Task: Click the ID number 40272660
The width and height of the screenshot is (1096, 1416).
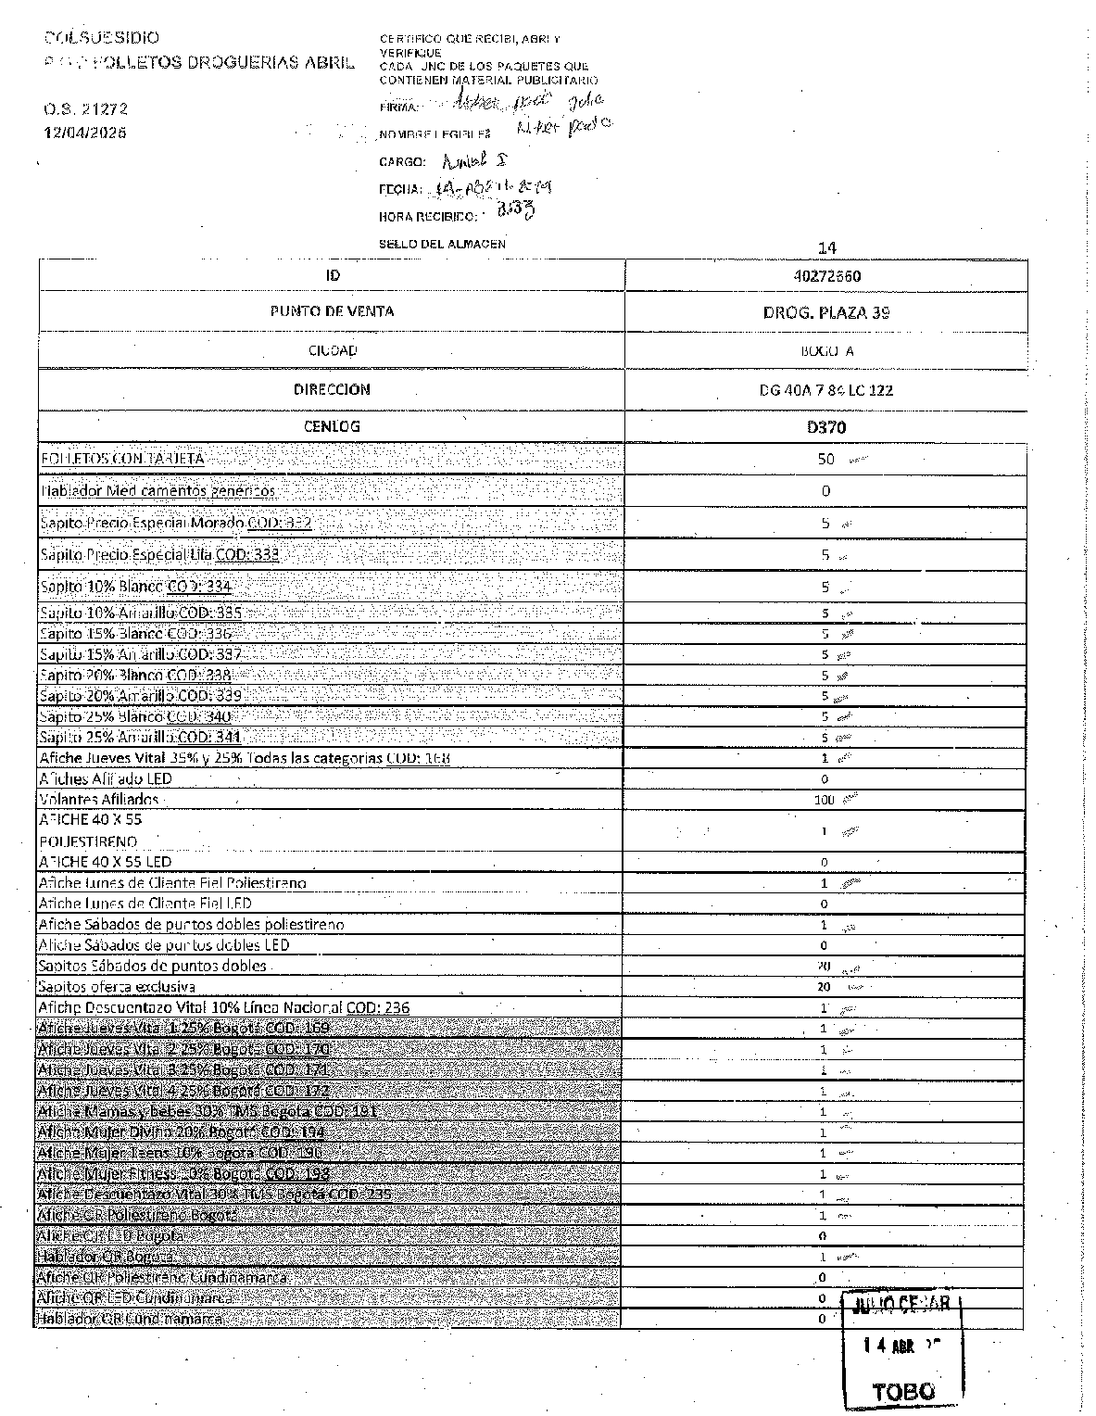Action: click(x=826, y=276)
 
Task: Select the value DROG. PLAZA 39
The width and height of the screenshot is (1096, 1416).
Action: click(x=825, y=312)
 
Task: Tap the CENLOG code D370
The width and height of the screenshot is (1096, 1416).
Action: click(x=826, y=427)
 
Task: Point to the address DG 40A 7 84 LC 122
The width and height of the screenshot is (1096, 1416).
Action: click(x=825, y=390)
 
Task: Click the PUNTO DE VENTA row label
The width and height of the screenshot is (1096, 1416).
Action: click(x=332, y=311)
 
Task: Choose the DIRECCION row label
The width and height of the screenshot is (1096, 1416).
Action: click(x=332, y=389)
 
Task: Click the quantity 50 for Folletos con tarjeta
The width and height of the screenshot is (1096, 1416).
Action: click(x=825, y=459)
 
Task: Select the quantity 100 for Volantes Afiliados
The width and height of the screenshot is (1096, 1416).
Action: click(x=824, y=800)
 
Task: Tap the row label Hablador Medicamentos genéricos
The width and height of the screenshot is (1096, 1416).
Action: click(x=157, y=490)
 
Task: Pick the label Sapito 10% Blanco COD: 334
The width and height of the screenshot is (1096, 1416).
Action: click(x=135, y=586)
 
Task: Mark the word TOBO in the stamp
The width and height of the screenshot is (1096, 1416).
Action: click(x=903, y=1391)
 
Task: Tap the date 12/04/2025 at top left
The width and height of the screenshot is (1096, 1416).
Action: click(x=85, y=133)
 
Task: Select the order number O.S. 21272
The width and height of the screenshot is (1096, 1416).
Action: click(x=85, y=108)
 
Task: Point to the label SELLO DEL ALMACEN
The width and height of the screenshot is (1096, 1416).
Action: click(x=442, y=244)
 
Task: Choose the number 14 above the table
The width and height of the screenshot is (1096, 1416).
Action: click(x=827, y=247)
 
